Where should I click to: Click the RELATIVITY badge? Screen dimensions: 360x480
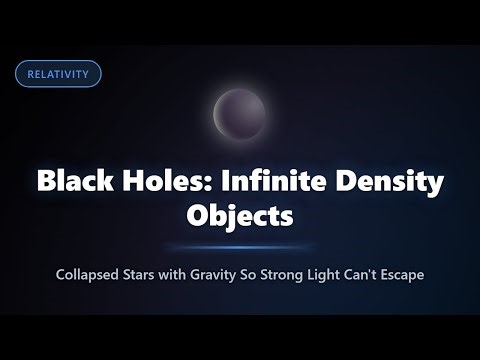[58, 74]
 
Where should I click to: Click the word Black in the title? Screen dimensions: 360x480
[71, 183]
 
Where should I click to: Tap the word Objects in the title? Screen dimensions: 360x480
[240, 214]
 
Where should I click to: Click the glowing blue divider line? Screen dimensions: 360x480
[240, 246]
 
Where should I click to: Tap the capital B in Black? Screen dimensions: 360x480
[46, 183]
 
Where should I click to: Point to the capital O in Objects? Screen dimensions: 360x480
[198, 214]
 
